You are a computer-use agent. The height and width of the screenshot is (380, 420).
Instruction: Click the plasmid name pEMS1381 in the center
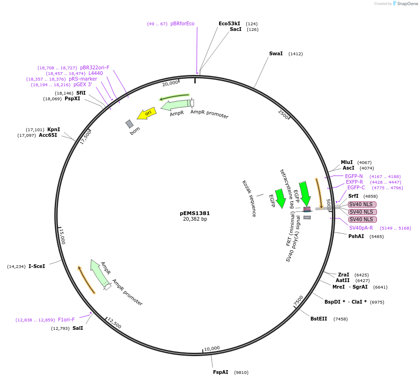click(194, 213)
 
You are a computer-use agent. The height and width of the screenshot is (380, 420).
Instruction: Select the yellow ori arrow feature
click(146, 113)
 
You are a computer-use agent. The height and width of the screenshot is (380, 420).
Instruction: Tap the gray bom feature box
click(130, 124)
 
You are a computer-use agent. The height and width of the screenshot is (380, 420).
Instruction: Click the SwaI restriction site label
click(276, 53)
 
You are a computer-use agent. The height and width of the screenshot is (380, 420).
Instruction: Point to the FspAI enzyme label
click(221, 372)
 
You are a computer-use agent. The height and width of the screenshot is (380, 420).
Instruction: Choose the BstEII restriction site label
click(319, 319)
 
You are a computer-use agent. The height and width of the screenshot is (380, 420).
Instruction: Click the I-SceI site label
click(37, 266)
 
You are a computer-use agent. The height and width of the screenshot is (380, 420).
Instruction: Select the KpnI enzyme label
click(53, 129)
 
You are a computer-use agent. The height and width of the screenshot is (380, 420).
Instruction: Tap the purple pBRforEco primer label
click(182, 23)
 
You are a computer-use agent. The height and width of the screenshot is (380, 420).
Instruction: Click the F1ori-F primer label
click(66, 320)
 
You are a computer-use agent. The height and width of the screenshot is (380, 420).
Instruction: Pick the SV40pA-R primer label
click(361, 228)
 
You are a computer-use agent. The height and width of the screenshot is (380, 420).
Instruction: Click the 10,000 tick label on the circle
click(212, 348)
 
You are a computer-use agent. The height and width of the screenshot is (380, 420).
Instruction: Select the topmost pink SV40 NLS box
click(362, 204)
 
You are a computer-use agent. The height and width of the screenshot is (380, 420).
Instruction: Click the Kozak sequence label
click(249, 198)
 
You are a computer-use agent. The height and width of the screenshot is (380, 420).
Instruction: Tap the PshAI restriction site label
click(356, 236)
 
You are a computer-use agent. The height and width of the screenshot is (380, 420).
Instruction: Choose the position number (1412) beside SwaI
click(295, 54)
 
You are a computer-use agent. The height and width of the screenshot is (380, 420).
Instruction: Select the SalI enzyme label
click(78, 328)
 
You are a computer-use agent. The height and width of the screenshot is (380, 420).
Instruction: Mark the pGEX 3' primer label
click(83, 85)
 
